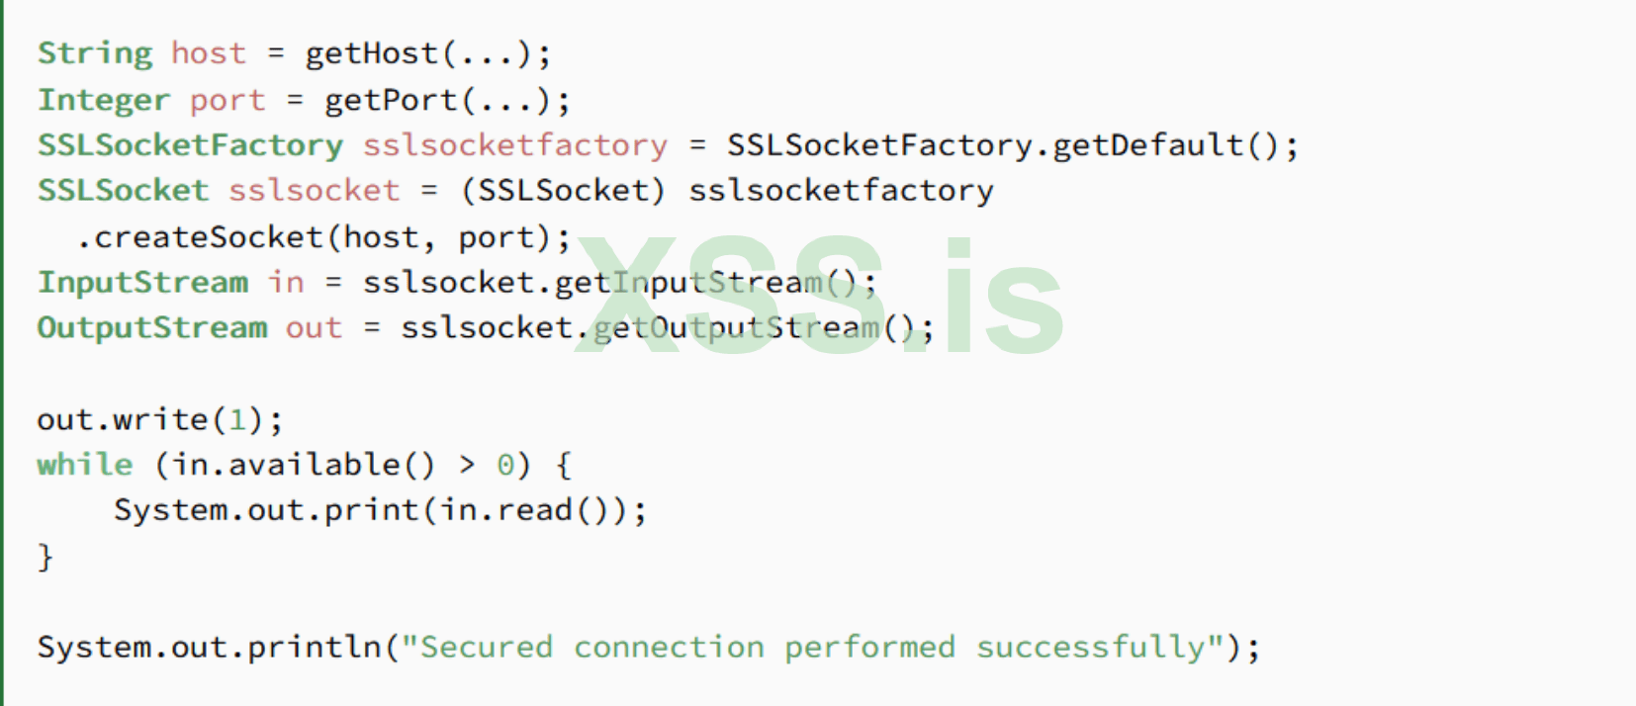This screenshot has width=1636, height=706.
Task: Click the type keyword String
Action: pos(95,53)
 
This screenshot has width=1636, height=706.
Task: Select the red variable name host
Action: pos(208,53)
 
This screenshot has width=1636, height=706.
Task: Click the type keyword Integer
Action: pos(104,100)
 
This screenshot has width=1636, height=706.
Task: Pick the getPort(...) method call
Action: pos(438,100)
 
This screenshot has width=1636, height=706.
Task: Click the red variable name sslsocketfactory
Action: pos(514,145)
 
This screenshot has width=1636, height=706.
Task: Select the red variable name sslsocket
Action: pos(314,190)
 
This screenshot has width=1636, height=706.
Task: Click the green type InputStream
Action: pos(142,283)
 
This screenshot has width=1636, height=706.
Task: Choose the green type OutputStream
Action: pos(152,327)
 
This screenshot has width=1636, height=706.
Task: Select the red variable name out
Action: pos(314,327)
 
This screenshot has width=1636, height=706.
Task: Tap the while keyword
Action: pos(85,465)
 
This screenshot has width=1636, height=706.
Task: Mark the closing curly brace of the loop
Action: pos(45,557)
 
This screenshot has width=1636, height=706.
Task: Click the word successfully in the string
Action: pos(1091,648)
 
